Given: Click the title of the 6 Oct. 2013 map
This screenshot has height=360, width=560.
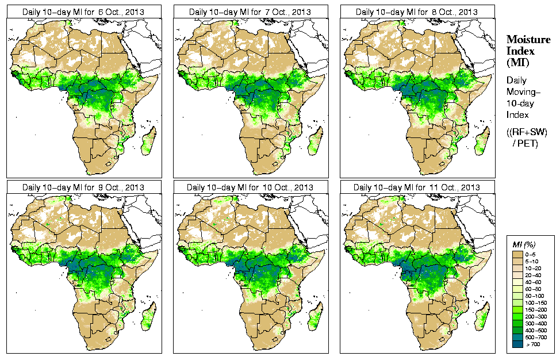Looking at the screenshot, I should [x=83, y=12].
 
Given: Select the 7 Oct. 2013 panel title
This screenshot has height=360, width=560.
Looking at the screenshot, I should [x=250, y=12].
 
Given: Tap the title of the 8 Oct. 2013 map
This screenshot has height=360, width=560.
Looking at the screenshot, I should [x=417, y=12].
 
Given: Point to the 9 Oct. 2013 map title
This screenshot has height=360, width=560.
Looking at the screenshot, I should [x=83, y=187].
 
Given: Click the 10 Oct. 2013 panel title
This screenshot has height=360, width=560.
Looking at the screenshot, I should [x=250, y=187].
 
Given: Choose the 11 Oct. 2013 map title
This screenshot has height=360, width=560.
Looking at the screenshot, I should [x=417, y=187].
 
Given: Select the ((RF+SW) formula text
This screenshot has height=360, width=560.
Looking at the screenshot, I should [x=527, y=132].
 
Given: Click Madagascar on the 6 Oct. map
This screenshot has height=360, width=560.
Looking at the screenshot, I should [x=149, y=141].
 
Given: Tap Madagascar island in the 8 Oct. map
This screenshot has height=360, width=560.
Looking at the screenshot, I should [x=483, y=141].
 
